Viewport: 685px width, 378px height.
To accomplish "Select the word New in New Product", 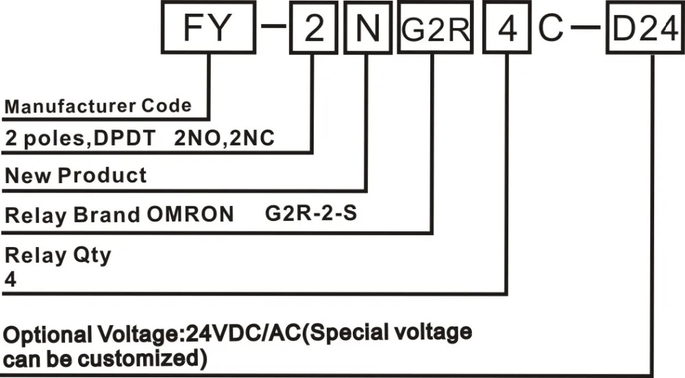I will (x=28, y=175).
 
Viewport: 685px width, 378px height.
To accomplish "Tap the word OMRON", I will (x=190, y=215).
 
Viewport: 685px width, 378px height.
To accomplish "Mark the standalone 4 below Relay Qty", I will (x=10, y=280).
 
